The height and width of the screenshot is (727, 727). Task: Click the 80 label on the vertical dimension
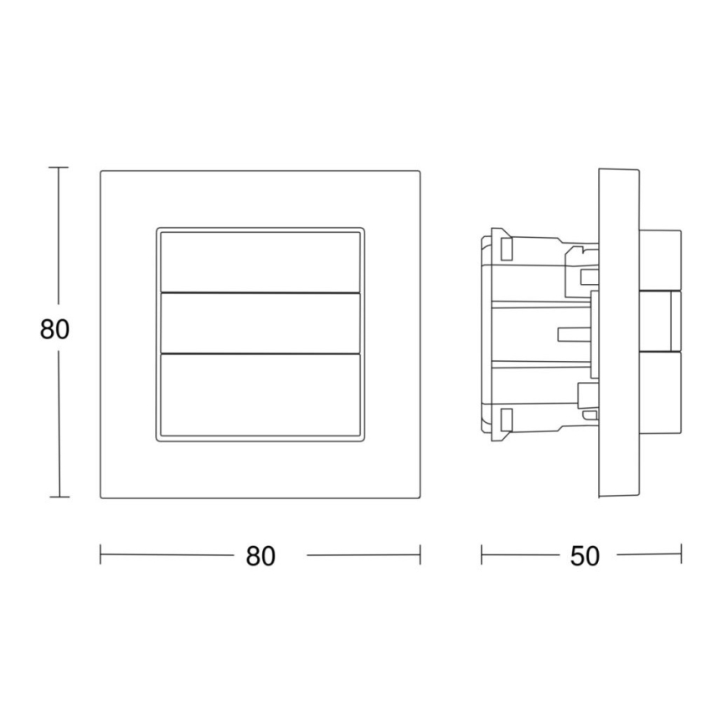coord(54,330)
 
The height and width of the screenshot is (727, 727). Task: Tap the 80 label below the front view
coord(260,556)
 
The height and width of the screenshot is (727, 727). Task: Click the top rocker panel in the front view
coord(260,260)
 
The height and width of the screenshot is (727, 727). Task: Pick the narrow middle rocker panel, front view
coord(260,322)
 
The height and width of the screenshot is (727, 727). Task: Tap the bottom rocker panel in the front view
coord(260,394)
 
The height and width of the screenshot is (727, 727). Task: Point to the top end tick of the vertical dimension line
coord(58,168)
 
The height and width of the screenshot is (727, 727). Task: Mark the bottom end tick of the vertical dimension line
coord(58,498)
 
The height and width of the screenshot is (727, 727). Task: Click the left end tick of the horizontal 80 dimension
coord(101,554)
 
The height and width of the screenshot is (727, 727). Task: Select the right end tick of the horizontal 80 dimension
coord(420,554)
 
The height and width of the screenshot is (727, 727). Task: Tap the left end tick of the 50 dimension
coord(482,554)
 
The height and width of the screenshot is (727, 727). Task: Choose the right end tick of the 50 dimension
coord(681,554)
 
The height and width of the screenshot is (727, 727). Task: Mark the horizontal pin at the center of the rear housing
coord(575,334)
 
